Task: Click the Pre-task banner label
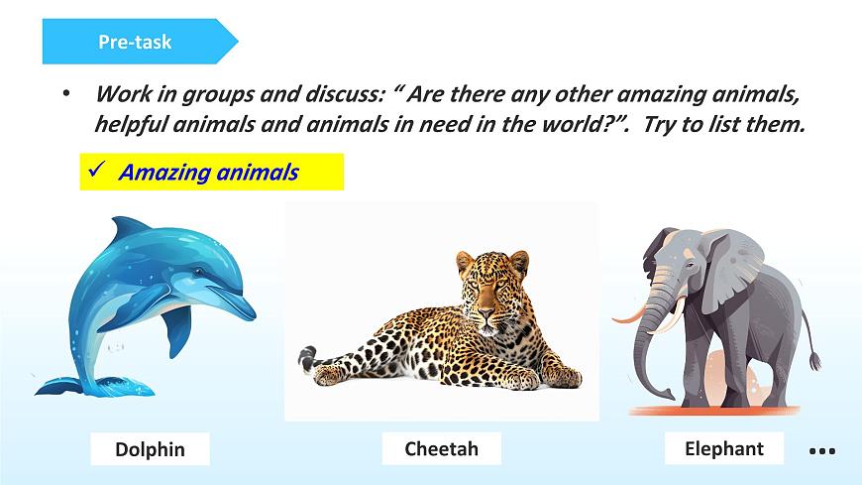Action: [135, 42]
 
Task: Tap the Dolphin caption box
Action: [150, 449]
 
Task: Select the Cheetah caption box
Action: [441, 448]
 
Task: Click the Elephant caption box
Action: [723, 448]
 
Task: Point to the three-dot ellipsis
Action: [822, 451]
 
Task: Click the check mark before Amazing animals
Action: [97, 171]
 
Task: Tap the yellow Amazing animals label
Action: [210, 172]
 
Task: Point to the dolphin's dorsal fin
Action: [127, 230]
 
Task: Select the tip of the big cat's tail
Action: [305, 351]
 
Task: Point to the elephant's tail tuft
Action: [814, 363]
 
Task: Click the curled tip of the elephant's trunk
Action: [643, 394]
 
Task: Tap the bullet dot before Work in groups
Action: [65, 94]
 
